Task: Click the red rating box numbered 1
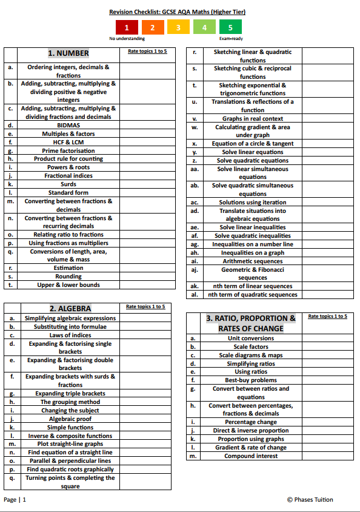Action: tap(126, 27)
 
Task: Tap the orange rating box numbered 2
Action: tap(152, 27)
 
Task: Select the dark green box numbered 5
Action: tap(230, 27)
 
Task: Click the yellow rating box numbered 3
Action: tap(178, 27)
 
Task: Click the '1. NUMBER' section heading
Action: tap(68, 53)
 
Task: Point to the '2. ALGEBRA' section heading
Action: tap(70, 308)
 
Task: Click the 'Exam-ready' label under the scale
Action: tap(230, 38)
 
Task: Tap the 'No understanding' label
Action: tap(127, 38)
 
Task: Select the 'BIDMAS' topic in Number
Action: tap(68, 126)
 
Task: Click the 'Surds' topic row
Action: tap(68, 184)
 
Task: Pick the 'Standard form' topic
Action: tap(68, 193)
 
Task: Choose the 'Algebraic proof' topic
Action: tap(70, 419)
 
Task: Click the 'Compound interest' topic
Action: tap(251, 456)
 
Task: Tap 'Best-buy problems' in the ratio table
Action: tap(251, 380)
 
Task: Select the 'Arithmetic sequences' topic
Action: tap(252, 261)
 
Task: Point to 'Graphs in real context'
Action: tap(252, 119)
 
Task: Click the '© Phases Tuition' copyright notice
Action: tap(310, 500)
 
